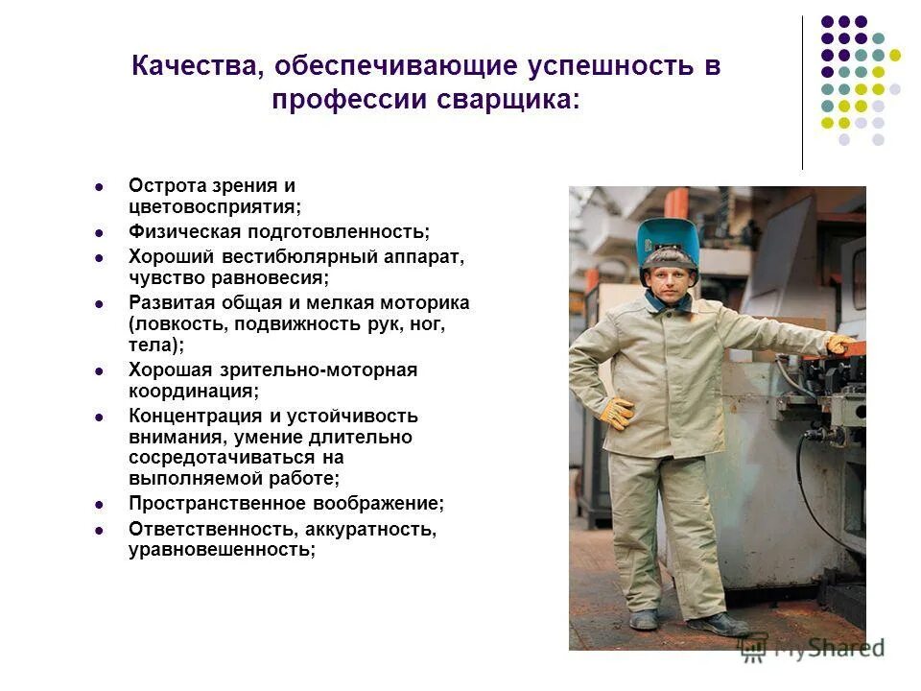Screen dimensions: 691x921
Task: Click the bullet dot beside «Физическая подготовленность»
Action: [x=99, y=232]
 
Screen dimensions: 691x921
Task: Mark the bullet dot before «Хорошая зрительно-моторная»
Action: [x=99, y=370]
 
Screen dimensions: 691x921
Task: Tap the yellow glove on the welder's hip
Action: [x=615, y=412]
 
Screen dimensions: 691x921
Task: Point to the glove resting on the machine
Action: [x=840, y=344]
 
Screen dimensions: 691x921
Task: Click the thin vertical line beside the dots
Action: [x=802, y=92]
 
